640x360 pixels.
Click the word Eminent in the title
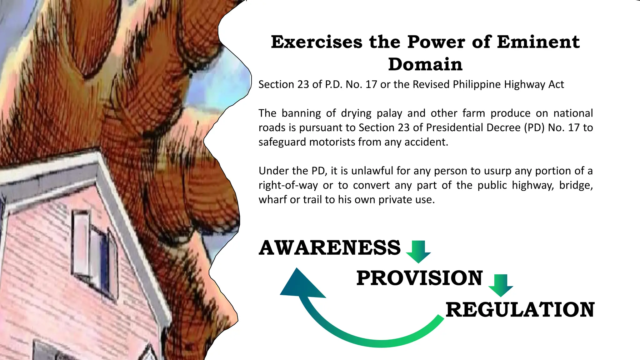538,42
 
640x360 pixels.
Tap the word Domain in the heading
425,64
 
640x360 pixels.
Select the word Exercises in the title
317,42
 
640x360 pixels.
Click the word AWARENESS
330,247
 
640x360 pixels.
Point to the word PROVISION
419,278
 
